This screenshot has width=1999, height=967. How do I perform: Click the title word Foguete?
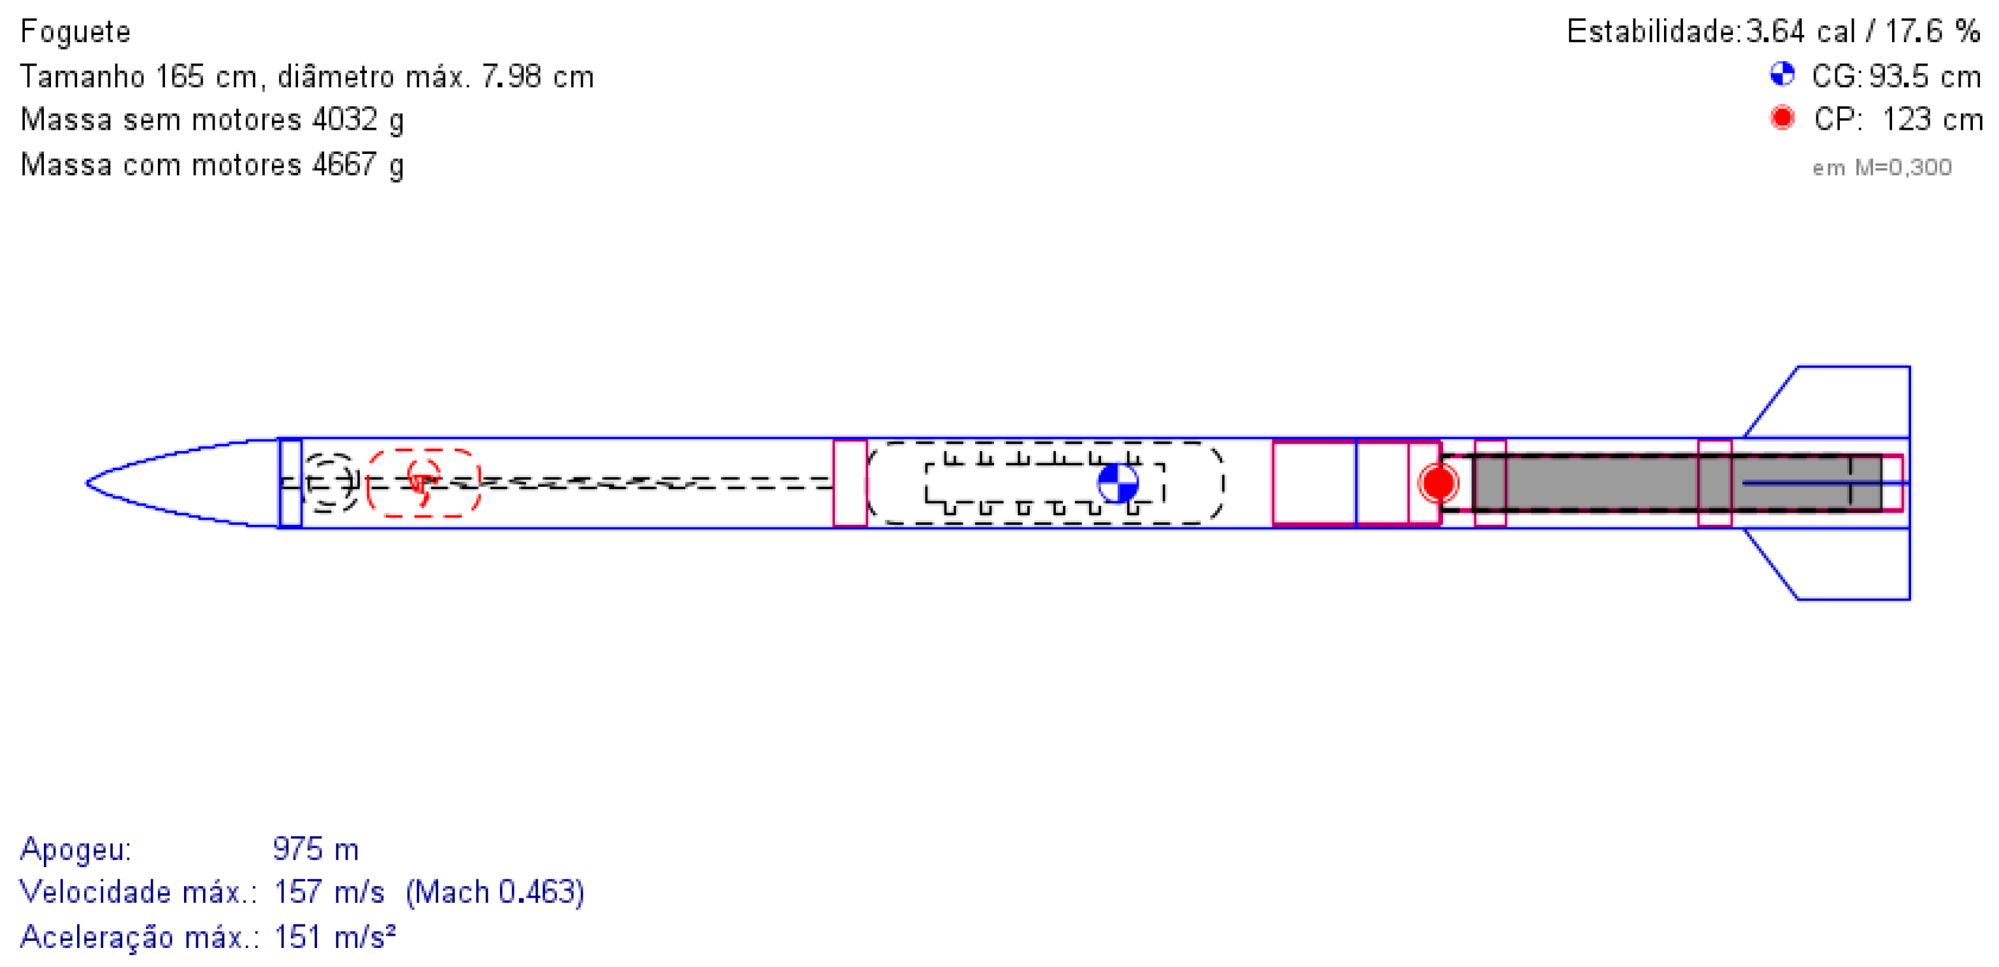click(x=75, y=32)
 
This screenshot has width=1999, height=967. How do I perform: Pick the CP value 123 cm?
click(x=1932, y=120)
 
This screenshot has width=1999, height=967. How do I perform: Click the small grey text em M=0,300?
click(x=1882, y=167)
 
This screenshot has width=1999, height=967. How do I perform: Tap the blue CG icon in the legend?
click(x=1782, y=74)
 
